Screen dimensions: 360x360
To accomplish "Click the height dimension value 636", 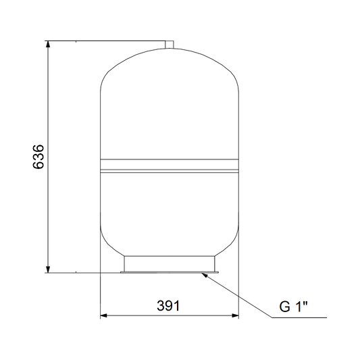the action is (x=38, y=157).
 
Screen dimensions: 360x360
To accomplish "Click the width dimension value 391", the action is (x=168, y=306).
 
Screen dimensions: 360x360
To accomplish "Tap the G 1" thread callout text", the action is (x=293, y=306).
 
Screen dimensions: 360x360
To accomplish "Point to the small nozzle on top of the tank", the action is (x=170, y=45).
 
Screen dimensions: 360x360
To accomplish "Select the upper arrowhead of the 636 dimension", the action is (x=48, y=45).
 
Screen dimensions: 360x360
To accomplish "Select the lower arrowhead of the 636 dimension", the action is (x=48, y=269).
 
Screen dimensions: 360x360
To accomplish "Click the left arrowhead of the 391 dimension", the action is (x=104, y=315).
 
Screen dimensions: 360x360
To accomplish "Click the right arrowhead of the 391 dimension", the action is (x=235, y=315).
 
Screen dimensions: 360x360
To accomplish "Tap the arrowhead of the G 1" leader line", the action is (x=205, y=275).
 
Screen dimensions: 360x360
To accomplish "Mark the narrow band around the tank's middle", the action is (x=170, y=165).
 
